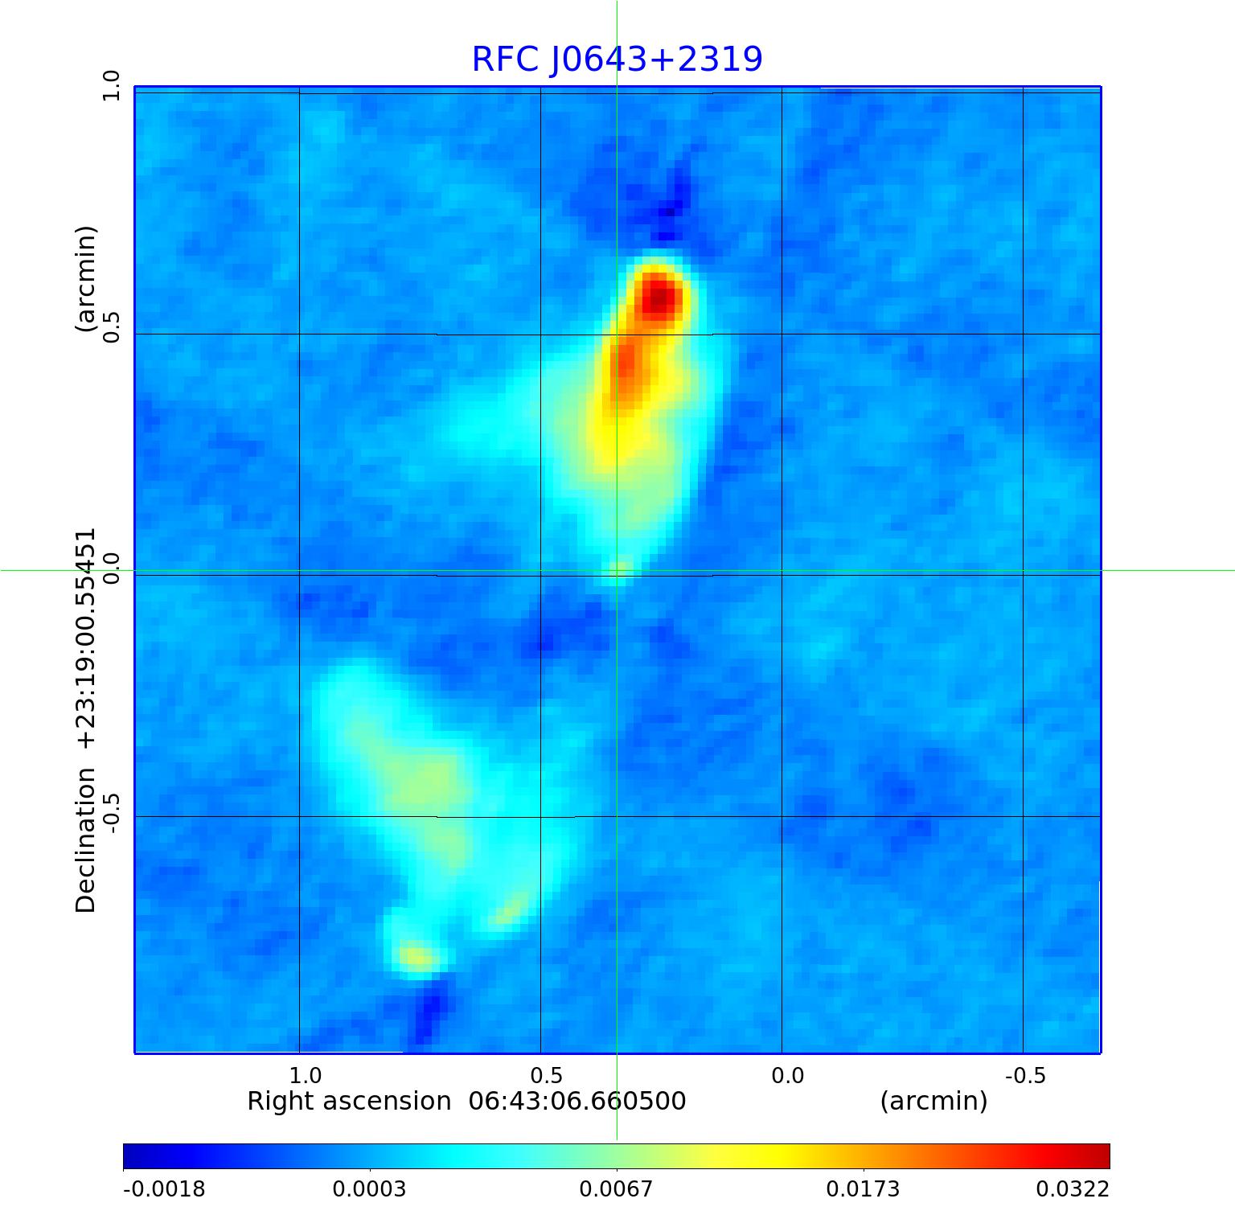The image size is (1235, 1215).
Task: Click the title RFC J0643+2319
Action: click(x=617, y=60)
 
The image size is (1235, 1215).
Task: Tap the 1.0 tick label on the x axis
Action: click(x=306, y=1076)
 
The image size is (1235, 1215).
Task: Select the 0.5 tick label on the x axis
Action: click(x=547, y=1076)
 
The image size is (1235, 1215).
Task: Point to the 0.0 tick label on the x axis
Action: click(x=787, y=1076)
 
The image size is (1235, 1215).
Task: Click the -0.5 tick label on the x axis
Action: click(x=1025, y=1076)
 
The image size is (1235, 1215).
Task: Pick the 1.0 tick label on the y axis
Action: click(x=110, y=85)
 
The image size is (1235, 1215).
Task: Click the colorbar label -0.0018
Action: click(x=164, y=1189)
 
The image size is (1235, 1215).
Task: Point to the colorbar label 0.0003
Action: click(x=370, y=1189)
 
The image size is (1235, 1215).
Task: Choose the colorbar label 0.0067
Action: click(x=617, y=1189)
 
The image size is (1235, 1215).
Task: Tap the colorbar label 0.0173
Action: click(x=864, y=1189)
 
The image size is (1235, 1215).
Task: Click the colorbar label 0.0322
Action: click(x=1073, y=1189)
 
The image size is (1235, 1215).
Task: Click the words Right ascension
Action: click(x=349, y=1101)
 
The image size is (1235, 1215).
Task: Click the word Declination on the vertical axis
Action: click(x=85, y=840)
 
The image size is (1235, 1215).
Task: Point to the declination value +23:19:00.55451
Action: click(x=85, y=638)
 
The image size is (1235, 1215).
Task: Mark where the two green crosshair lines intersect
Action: click(x=617, y=570)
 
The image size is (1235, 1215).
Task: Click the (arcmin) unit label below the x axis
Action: click(x=933, y=1101)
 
